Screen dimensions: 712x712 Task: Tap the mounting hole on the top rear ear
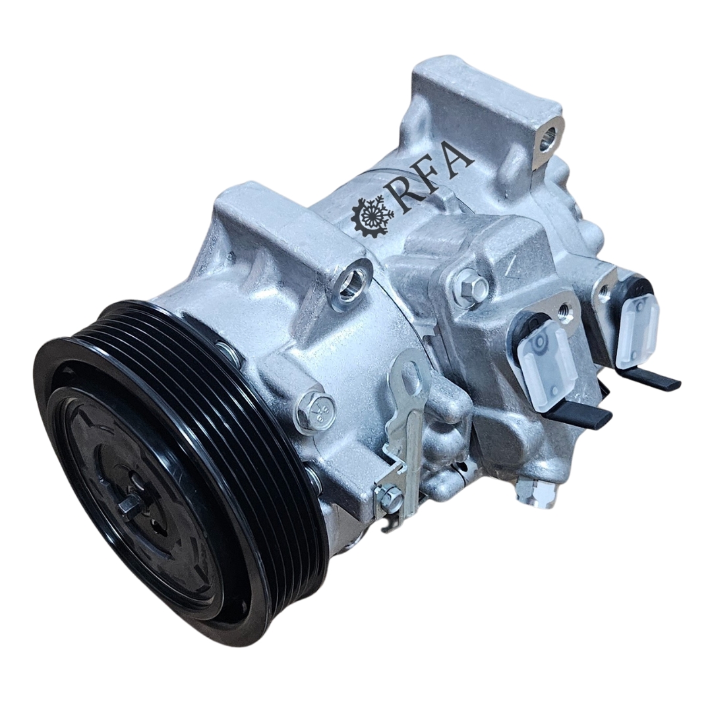[548, 134]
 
